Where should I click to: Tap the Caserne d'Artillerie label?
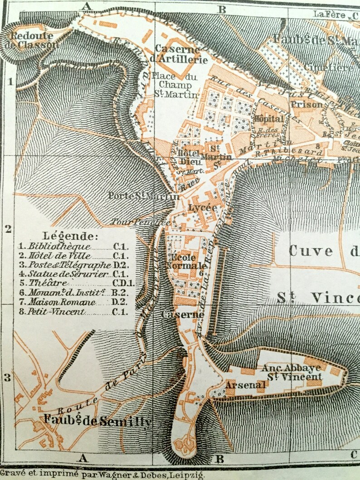click(181, 53)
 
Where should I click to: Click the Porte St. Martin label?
click(143, 196)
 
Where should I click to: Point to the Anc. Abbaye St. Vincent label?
click(291, 372)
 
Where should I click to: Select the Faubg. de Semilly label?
click(97, 421)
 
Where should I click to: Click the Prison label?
click(306, 104)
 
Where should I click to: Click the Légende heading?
click(69, 236)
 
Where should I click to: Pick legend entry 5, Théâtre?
click(45, 283)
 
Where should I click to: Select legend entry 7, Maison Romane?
click(62, 302)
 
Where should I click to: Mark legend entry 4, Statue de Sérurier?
click(68, 274)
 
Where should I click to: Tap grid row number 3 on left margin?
click(7, 377)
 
